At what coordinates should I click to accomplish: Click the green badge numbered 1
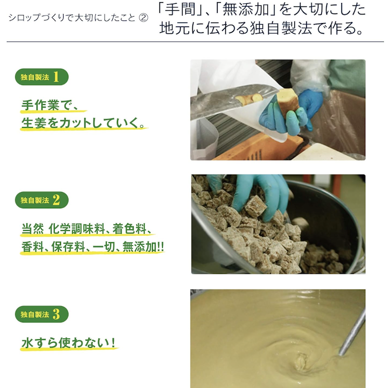click(41, 77)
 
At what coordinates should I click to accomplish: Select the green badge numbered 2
click(41, 200)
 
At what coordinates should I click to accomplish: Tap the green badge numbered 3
click(41, 314)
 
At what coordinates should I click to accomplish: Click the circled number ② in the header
click(143, 18)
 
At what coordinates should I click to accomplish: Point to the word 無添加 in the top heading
click(246, 10)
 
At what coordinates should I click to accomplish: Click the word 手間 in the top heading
click(180, 10)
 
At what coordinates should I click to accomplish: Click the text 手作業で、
click(50, 105)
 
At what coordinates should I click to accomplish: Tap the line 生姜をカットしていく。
click(83, 123)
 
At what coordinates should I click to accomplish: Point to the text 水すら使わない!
click(68, 343)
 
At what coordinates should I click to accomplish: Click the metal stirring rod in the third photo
click(352, 331)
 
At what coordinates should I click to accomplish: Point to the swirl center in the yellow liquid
click(301, 361)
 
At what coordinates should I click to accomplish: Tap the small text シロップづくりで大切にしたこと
click(72, 18)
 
